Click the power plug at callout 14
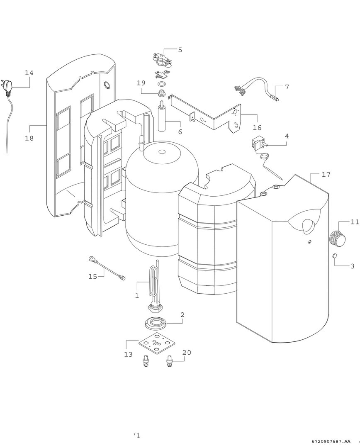(8, 86)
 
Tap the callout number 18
(29, 138)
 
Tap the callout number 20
(187, 352)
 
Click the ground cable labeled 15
(108, 268)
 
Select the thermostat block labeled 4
(257, 145)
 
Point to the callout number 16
(257, 128)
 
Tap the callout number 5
(180, 50)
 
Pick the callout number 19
(141, 83)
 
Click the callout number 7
(287, 87)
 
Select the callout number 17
(326, 175)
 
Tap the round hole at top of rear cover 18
(107, 85)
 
